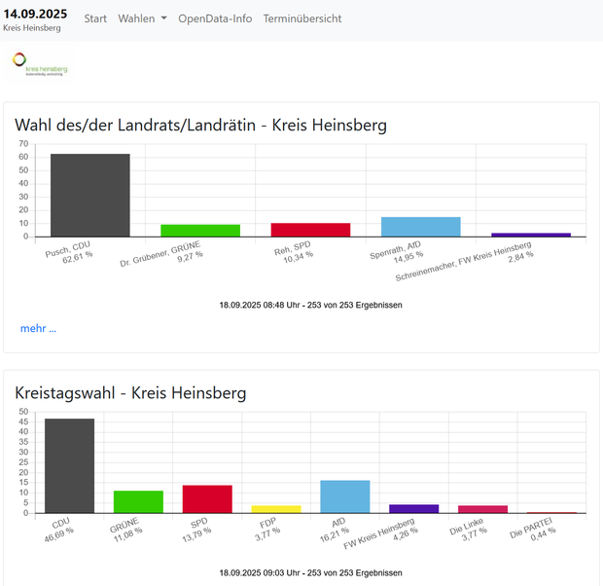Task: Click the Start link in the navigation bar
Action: coord(95,18)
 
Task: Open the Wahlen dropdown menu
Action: coord(142,18)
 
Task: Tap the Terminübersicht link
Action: coord(301,18)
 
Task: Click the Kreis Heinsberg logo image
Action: coord(41,66)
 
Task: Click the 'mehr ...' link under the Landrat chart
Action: coord(39,328)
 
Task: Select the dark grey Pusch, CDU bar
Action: coord(90,195)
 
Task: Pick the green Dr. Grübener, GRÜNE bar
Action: coord(200,231)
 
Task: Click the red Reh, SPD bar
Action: coord(310,230)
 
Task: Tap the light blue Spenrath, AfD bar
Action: coord(420,227)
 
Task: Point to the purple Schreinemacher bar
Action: coord(530,235)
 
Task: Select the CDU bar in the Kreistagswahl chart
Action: coord(70,465)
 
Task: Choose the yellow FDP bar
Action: coord(276,509)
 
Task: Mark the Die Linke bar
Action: coord(482,509)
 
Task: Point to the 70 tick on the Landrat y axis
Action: coord(24,144)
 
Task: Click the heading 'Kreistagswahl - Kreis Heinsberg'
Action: coord(130,393)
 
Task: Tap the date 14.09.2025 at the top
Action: coord(36,14)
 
